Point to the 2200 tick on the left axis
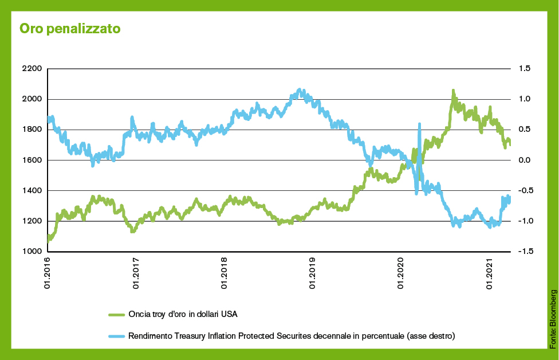(x=32, y=69)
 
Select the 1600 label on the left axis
(x=32, y=160)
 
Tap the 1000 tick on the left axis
(x=32, y=252)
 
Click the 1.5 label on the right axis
(x=524, y=69)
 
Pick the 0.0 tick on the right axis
(x=524, y=160)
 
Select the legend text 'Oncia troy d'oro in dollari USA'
(x=183, y=314)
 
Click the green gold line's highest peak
(x=453, y=91)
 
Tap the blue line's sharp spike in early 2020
(x=420, y=124)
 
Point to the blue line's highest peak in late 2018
(x=300, y=90)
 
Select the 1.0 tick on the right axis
(x=524, y=99)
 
